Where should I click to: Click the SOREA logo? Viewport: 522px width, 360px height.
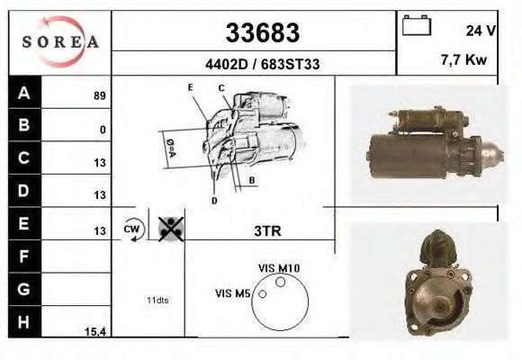click(x=59, y=41)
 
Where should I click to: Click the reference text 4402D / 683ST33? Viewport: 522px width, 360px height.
click(x=260, y=65)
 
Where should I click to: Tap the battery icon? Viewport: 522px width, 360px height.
click(x=416, y=26)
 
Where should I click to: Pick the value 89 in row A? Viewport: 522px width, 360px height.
click(x=99, y=95)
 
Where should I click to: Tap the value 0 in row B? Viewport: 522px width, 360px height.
click(x=103, y=130)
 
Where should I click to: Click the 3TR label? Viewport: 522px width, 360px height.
click(x=266, y=230)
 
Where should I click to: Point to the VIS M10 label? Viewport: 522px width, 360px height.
click(x=279, y=268)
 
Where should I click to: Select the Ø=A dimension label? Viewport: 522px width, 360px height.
click(x=168, y=148)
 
